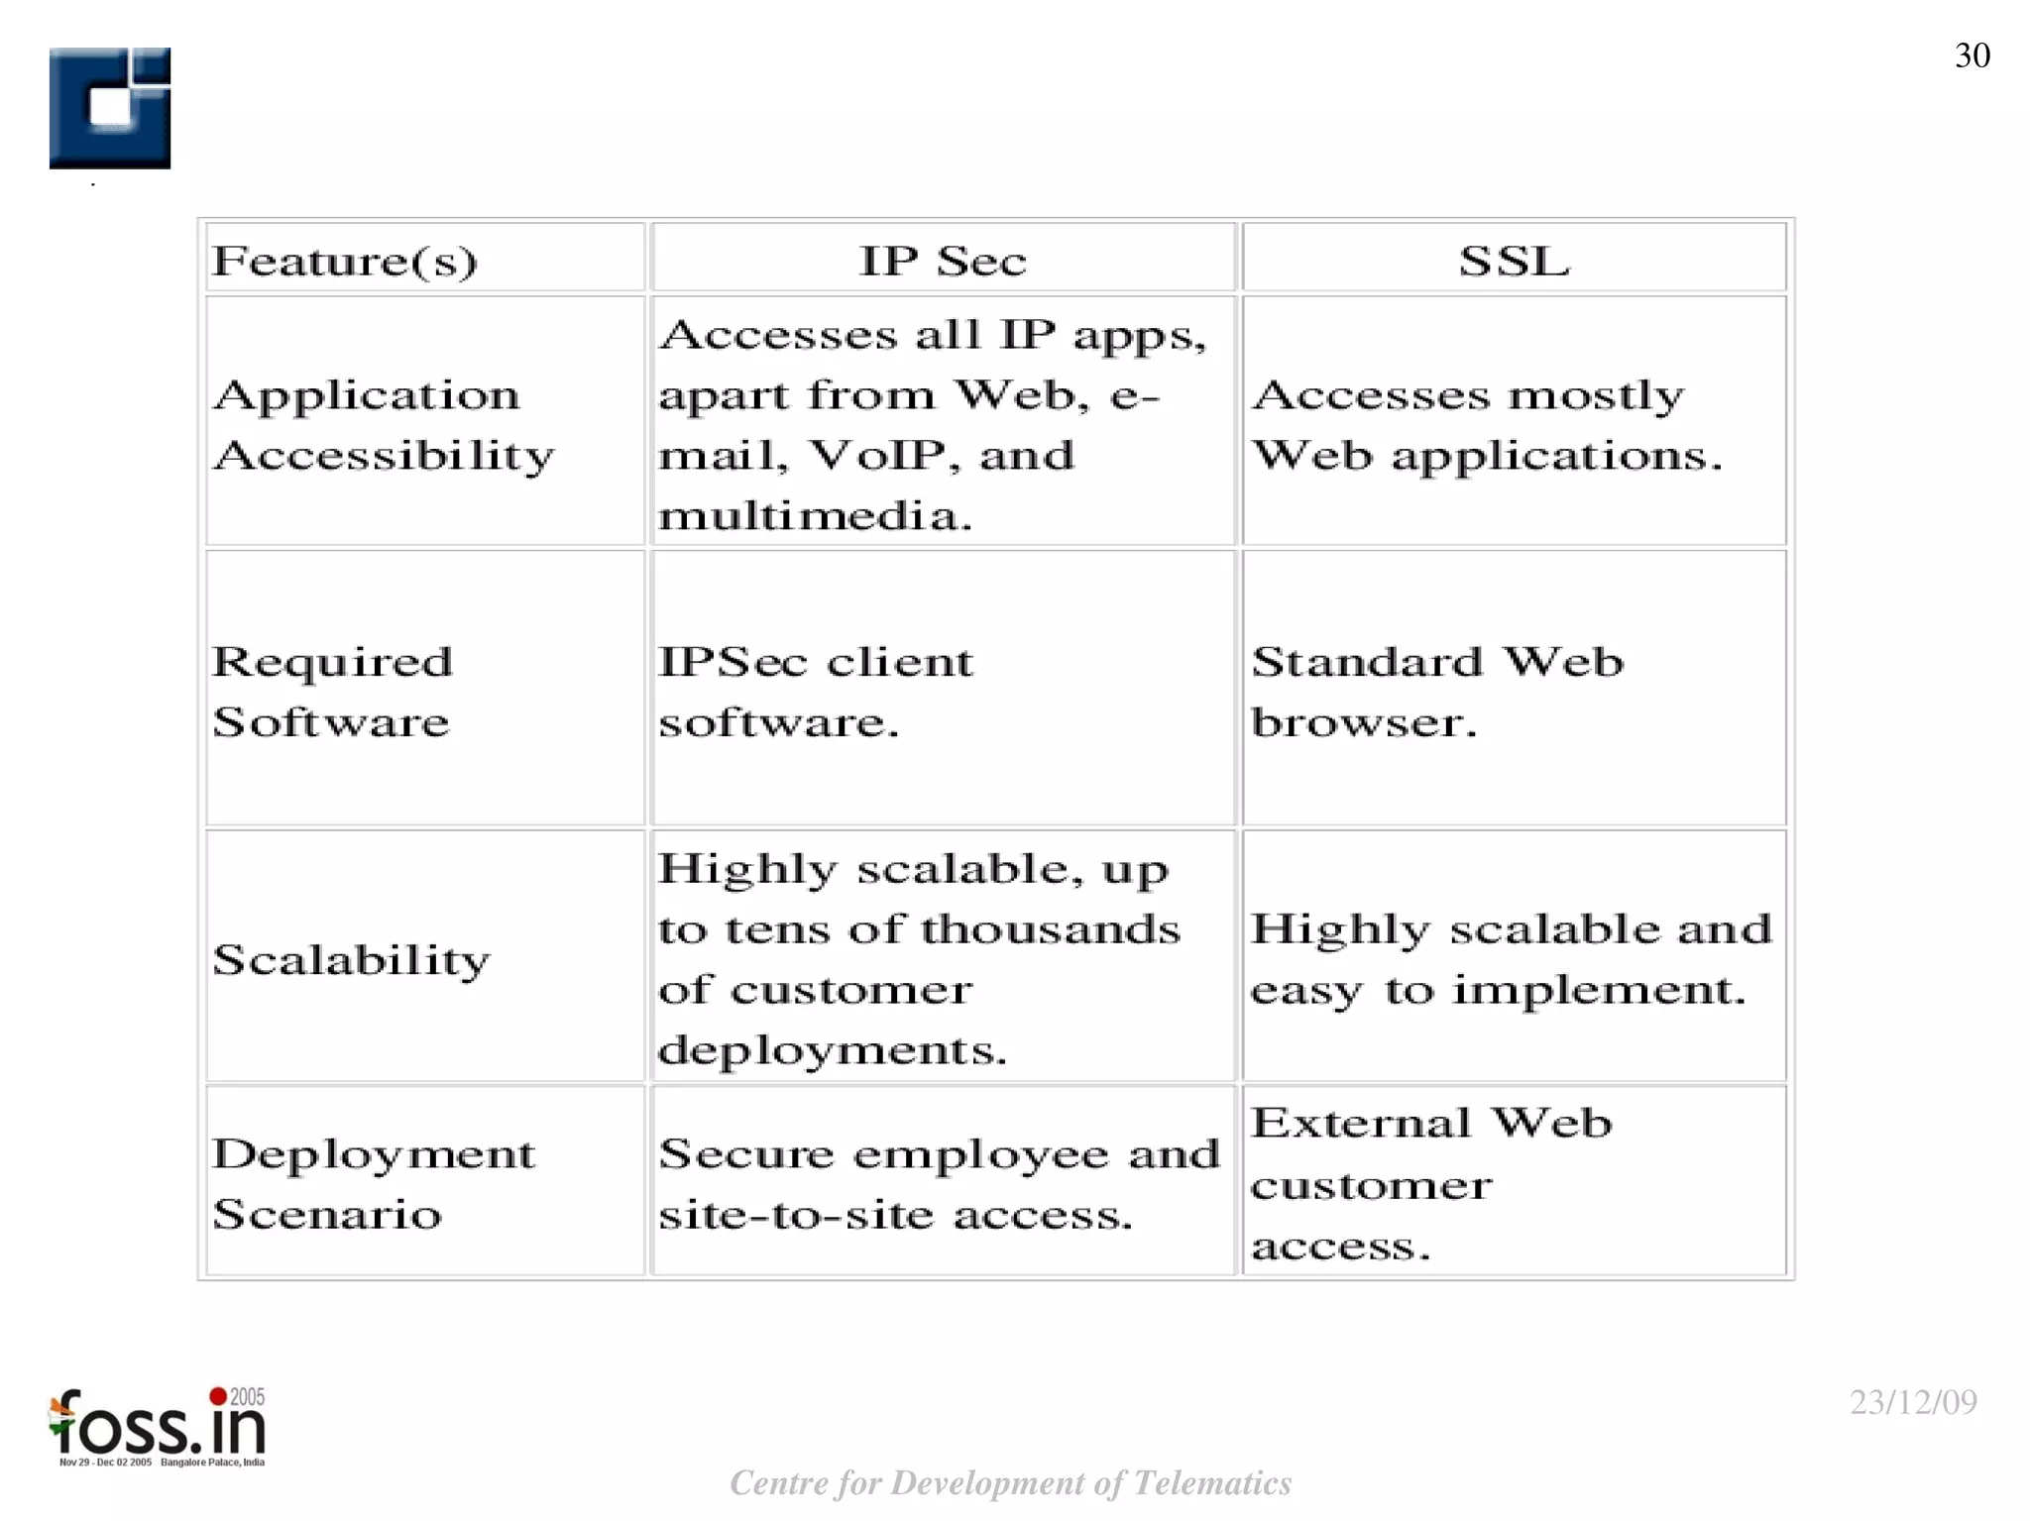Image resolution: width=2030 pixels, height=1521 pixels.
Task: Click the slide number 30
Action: (1972, 55)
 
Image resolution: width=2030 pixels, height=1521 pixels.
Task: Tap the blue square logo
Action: (110, 108)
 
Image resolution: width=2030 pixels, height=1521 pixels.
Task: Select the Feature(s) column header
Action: (345, 261)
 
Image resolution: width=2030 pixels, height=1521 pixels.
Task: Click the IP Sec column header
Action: (943, 261)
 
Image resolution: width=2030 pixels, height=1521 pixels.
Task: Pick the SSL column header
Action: (1514, 261)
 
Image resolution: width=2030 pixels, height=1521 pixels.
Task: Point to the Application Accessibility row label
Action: (384, 425)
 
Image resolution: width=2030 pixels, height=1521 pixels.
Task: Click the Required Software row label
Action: (332, 691)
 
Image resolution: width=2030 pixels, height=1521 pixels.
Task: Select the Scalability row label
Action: (351, 959)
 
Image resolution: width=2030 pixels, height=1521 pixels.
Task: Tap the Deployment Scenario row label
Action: (373, 1183)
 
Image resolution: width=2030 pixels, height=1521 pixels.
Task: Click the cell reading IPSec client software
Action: (815, 691)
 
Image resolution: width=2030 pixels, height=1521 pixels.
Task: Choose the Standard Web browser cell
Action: (1436, 691)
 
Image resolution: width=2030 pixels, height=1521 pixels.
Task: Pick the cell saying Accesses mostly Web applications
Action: (1486, 425)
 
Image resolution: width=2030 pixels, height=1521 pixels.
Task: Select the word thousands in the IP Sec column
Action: (1050, 929)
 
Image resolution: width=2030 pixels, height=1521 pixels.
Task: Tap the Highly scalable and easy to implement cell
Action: (1510, 959)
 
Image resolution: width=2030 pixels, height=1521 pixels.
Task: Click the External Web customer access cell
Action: (1430, 1183)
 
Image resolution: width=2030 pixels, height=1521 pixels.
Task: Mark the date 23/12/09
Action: (1913, 1402)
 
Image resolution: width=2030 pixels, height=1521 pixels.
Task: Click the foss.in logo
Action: (159, 1428)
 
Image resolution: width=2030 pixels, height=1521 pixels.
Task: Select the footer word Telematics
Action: (1211, 1483)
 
